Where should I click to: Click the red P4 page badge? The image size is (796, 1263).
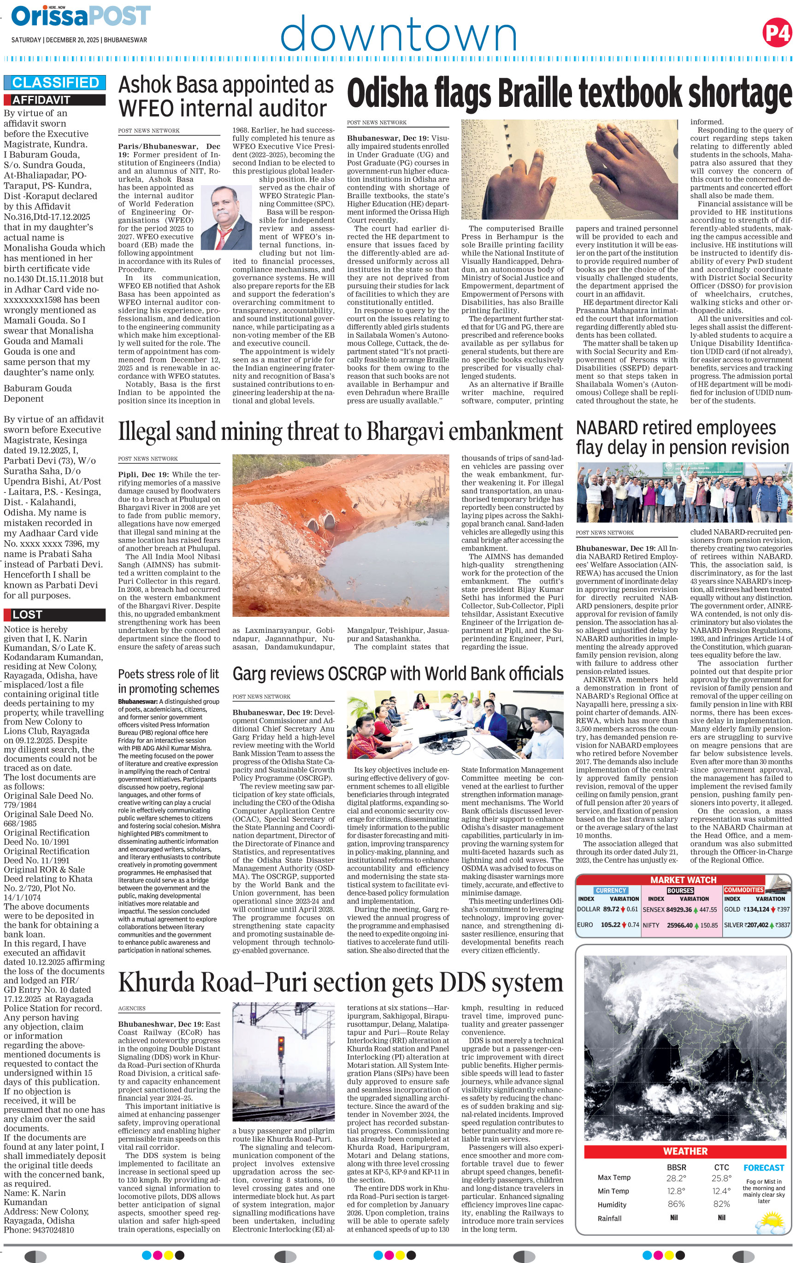(777, 33)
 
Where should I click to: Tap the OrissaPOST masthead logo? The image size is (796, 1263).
(81, 16)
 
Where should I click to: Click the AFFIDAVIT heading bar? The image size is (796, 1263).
(54, 99)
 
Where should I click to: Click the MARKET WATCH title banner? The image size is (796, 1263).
(683, 880)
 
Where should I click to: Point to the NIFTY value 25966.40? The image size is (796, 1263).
(679, 925)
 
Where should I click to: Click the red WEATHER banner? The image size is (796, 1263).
(685, 1151)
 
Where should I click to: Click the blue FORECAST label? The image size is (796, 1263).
(763, 1168)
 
